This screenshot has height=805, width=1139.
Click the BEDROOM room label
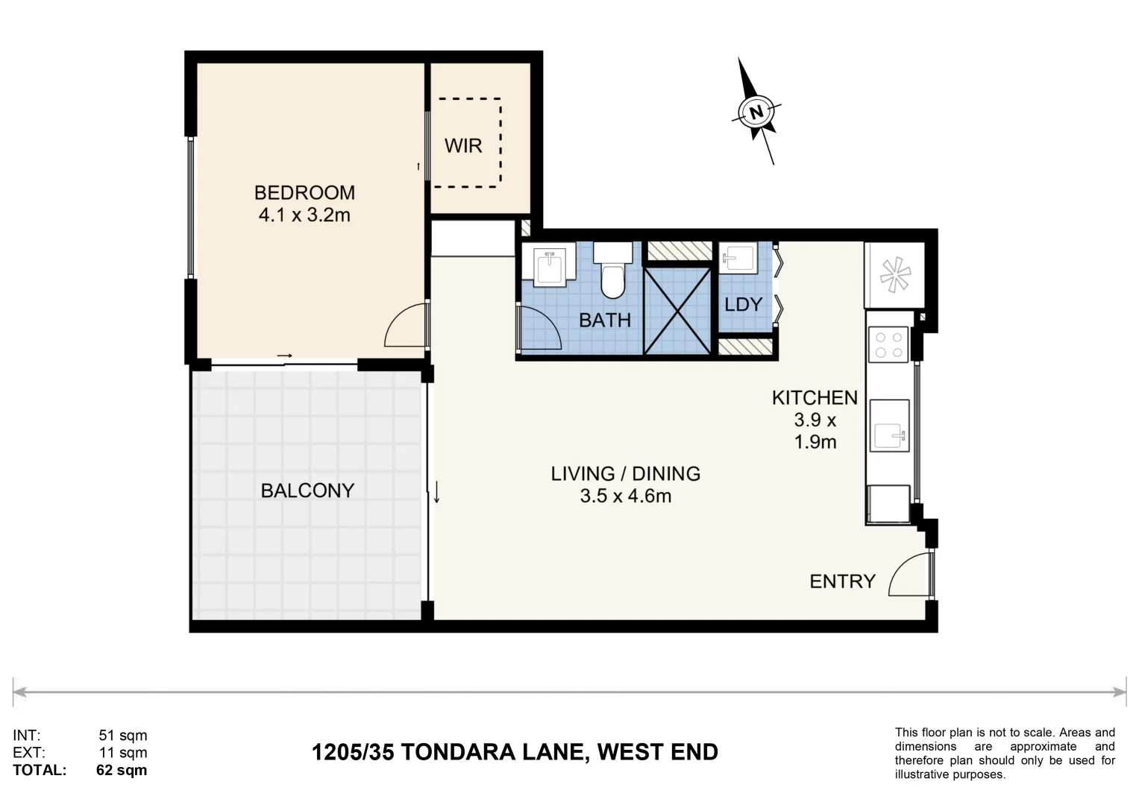click(304, 192)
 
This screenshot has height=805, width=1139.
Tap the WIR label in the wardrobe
click(463, 146)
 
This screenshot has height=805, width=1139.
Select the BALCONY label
click(307, 490)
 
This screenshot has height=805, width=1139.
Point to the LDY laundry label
click(743, 304)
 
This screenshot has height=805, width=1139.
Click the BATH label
click(605, 320)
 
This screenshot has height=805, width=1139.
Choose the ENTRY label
click(842, 581)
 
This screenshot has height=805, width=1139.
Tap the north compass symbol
click(756, 112)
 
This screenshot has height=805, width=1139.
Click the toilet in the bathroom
click(612, 272)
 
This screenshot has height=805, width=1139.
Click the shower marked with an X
click(677, 311)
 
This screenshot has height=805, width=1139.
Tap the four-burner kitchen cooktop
click(888, 345)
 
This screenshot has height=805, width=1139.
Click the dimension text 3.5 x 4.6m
click(625, 496)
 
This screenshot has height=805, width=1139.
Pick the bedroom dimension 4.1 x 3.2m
click(304, 215)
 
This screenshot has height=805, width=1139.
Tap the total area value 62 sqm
click(122, 770)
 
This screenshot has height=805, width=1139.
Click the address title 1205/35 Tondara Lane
click(515, 752)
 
